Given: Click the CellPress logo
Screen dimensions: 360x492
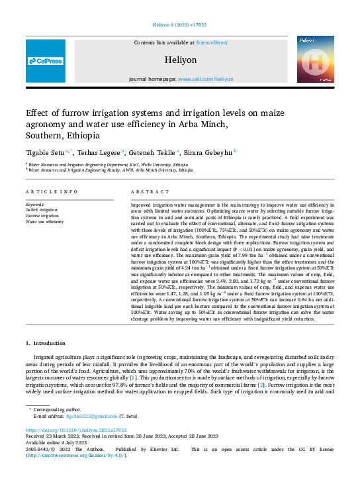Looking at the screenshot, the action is coord(46,60).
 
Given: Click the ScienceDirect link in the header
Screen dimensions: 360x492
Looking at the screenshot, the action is coord(211,42).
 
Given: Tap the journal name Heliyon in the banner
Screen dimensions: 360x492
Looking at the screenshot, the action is coord(181,60).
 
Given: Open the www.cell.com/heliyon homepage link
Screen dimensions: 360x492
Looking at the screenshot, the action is coord(206,78).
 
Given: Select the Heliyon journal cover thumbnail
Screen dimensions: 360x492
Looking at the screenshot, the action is coord(314,60).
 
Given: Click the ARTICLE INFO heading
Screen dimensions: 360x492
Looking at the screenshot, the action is coord(51,191).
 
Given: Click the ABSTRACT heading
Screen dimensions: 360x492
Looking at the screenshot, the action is coord(145,191).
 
